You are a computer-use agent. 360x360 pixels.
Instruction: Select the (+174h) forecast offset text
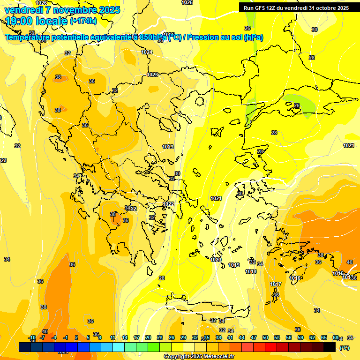(x=83, y=21)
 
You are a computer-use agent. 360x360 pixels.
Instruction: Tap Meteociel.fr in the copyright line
(x=217, y=357)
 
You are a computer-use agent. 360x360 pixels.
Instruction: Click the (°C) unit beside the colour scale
(x=344, y=348)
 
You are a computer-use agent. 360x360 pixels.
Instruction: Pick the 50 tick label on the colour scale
(x=265, y=337)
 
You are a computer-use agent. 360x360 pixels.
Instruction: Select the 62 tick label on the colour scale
(x=312, y=337)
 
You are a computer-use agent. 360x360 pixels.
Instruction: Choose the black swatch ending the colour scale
(x=330, y=347)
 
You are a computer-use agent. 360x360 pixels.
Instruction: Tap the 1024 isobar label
(x=147, y=52)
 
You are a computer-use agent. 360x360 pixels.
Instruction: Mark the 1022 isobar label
(x=169, y=204)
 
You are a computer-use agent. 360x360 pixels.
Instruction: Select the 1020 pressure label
(x=216, y=260)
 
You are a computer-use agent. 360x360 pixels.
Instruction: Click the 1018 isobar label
(x=251, y=271)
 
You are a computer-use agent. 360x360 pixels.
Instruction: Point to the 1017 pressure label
(x=276, y=285)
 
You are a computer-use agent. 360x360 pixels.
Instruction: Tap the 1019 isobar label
(x=234, y=265)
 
